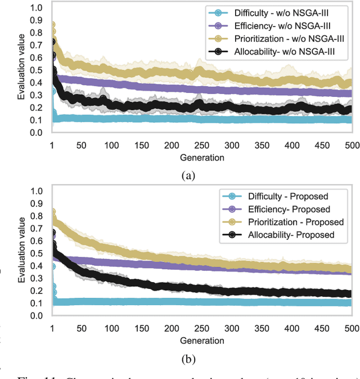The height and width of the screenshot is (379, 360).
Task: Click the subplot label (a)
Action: pyautogui.click(x=187, y=175)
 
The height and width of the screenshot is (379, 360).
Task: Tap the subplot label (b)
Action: pyautogui.click(x=187, y=358)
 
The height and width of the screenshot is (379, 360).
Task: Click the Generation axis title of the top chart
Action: pyautogui.click(x=201, y=158)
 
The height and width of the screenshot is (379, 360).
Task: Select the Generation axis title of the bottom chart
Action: pyautogui.click(x=201, y=340)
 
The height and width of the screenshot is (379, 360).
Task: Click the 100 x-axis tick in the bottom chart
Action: pyautogui.click(x=111, y=328)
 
